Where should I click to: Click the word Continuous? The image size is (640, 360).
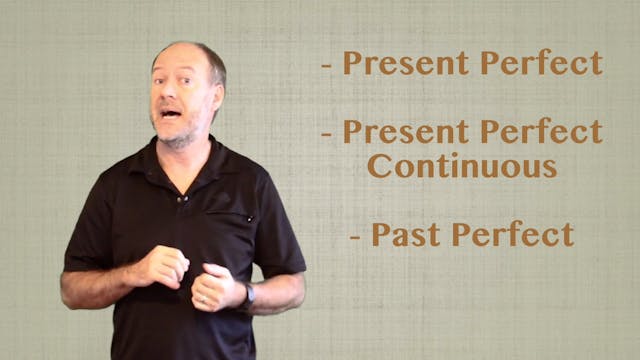462,166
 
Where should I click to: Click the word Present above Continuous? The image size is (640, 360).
407,132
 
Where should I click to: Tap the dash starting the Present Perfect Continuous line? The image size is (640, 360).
327,134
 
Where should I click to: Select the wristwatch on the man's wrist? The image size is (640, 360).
248,294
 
